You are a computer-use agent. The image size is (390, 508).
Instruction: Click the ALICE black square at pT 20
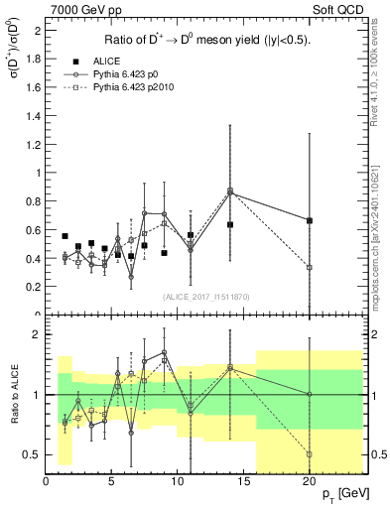(x=310, y=220)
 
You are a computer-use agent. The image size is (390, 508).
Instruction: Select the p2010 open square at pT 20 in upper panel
(x=310, y=267)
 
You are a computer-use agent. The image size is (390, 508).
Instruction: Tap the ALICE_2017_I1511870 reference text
(x=204, y=297)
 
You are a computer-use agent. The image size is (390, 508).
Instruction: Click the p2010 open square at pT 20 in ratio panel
(x=310, y=454)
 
